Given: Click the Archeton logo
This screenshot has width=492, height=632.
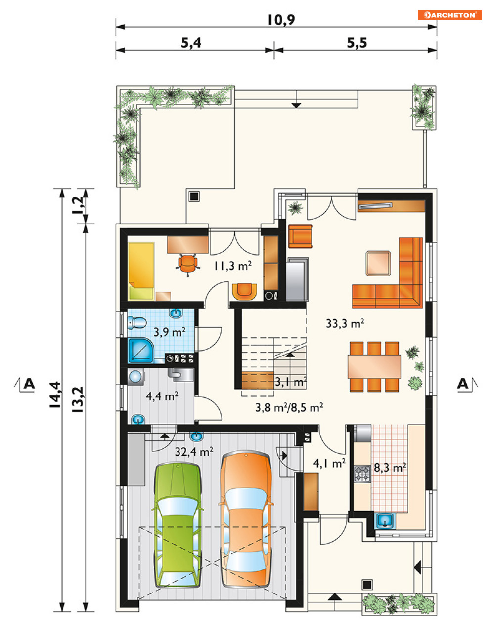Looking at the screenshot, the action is coord(450,15).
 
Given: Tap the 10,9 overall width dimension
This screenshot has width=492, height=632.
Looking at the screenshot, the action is coord(281,20).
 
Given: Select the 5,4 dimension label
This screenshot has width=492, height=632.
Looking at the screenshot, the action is coord(191,43).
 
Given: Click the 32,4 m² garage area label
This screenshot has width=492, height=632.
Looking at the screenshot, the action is coord(194,451).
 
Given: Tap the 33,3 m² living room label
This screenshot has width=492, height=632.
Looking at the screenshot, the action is coord(345,324).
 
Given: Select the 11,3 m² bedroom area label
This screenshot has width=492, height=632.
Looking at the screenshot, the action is coord(233,266).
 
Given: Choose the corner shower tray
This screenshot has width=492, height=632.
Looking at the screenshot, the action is coord(140,351).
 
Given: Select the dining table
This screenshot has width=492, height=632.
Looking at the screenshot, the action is coord(374,366).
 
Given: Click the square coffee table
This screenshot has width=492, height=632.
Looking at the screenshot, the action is coord(378,263).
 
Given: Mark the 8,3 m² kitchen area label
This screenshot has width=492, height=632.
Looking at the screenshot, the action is coord(390,468).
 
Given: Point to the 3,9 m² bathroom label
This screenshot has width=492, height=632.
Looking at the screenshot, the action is coord(170,332).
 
